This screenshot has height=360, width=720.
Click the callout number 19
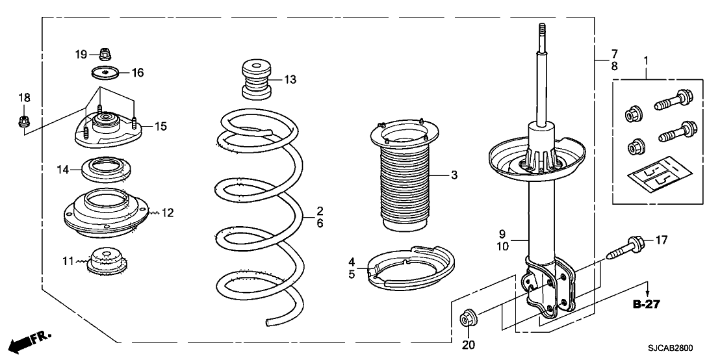81,55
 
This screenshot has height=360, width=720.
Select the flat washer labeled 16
104,72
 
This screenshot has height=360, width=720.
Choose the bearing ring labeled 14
103,170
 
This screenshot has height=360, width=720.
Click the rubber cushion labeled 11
105,262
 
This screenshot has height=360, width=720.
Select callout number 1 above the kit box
646,62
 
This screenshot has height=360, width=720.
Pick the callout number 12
168,212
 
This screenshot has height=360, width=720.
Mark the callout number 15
159,126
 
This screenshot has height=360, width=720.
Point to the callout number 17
660,240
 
